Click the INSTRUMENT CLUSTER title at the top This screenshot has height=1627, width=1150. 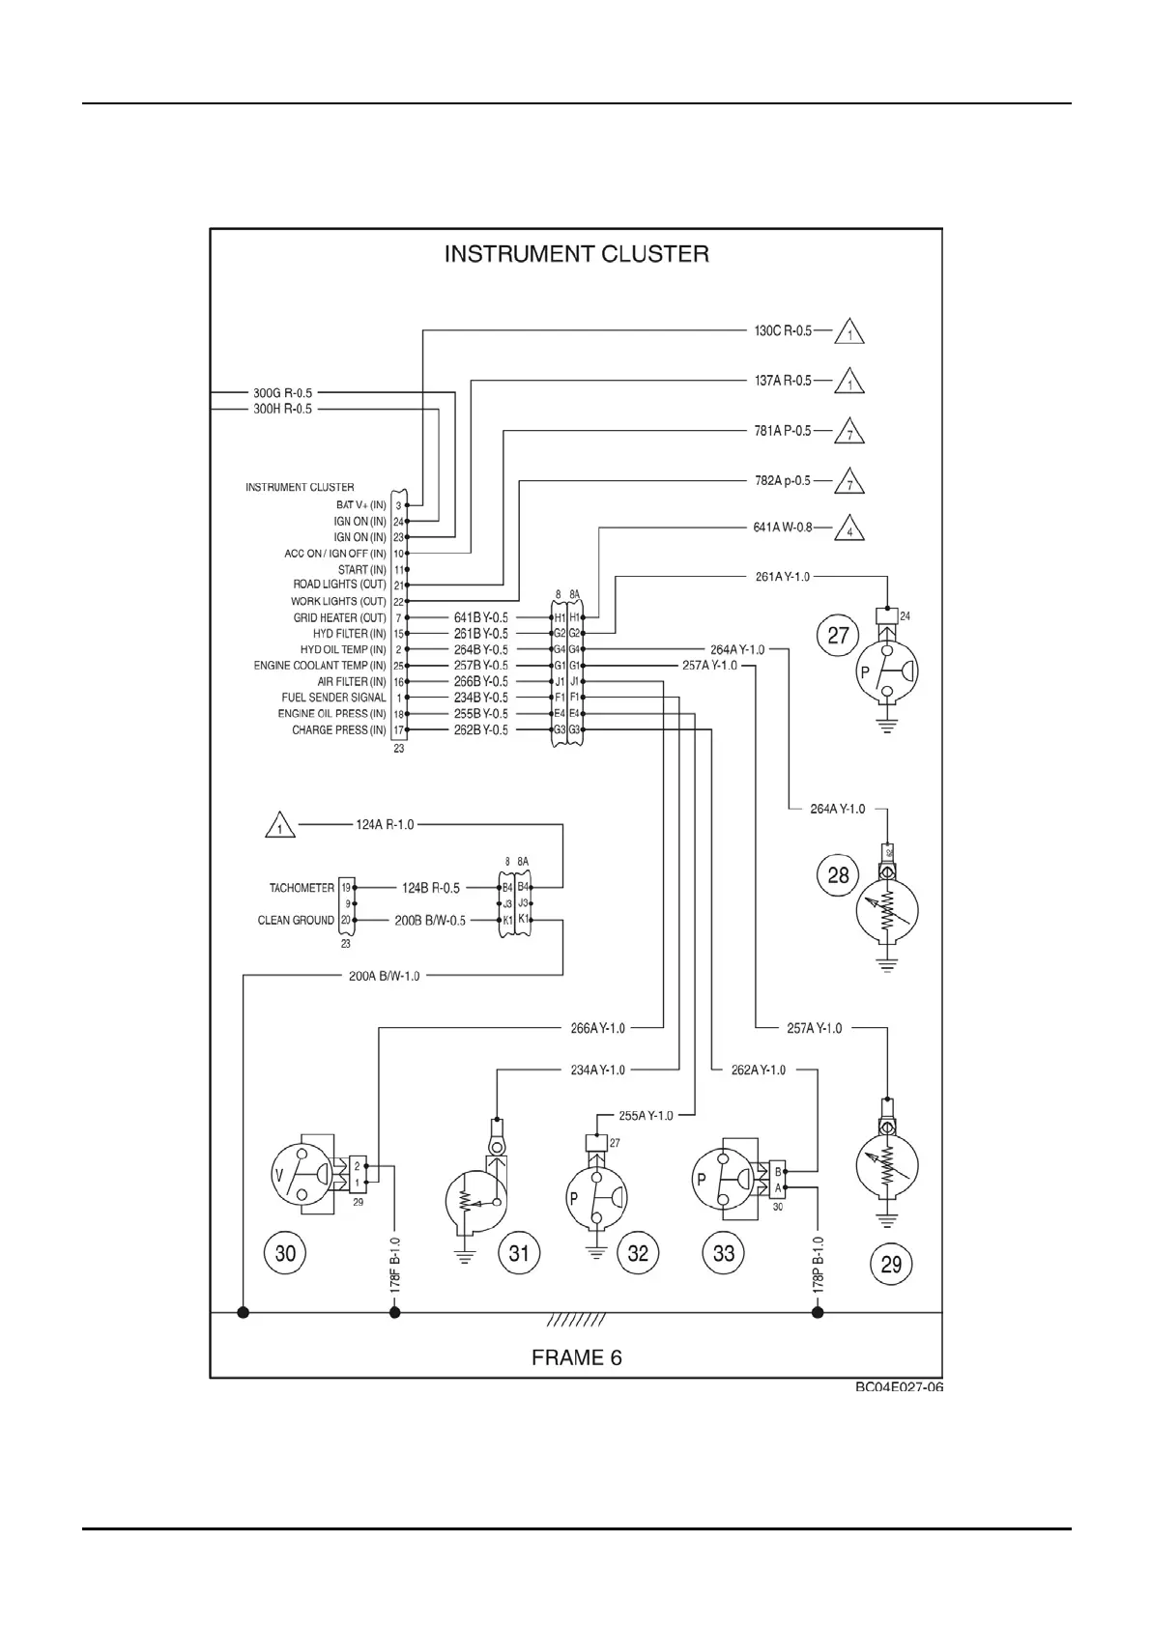point(576,254)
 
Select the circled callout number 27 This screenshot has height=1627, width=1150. point(838,635)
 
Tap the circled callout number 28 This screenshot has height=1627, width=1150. point(838,874)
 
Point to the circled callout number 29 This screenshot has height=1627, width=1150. point(891,1264)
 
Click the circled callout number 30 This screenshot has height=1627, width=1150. point(285,1253)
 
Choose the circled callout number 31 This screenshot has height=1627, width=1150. point(519,1253)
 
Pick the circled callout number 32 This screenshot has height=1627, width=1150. point(638,1253)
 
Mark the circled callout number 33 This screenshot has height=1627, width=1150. point(724,1253)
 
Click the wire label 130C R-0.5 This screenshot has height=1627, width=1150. point(783,330)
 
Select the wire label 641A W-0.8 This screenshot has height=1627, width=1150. point(783,528)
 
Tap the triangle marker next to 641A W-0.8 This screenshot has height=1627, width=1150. point(849,530)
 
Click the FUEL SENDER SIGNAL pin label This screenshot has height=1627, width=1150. point(333,698)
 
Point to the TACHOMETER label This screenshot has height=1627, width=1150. point(302,888)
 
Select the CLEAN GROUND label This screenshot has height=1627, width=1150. point(296,921)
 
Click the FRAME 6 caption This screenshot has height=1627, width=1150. point(577,1357)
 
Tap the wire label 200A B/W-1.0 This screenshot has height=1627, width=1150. point(384,976)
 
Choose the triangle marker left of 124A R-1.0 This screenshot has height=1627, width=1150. point(279,827)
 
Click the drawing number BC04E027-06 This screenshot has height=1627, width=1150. point(899,1387)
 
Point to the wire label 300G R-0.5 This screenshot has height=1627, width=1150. point(282,393)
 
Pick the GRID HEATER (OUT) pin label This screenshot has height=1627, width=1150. point(339,617)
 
